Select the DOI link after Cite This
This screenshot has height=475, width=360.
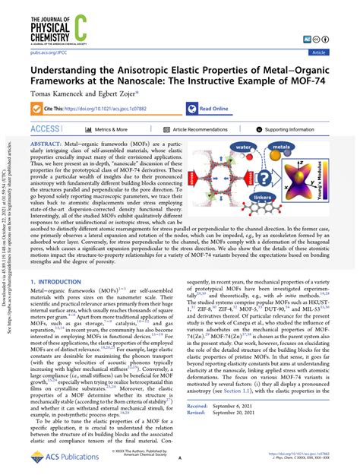pyautogui.click(x=117, y=109)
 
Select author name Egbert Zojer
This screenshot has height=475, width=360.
pyautogui.click(x=123, y=93)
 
